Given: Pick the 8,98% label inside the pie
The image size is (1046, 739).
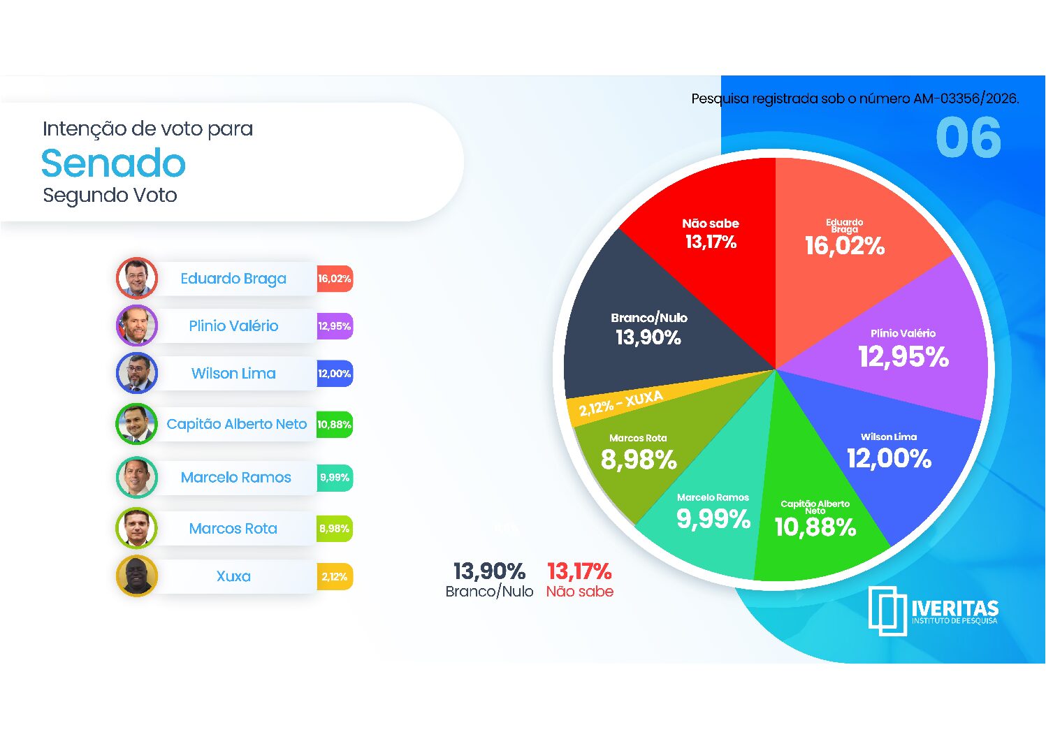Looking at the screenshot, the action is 639,460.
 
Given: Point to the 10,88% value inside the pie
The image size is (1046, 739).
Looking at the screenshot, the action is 815,527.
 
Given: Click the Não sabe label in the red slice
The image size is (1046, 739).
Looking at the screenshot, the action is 710,224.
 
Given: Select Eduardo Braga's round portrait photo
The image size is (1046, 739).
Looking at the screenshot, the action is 137,278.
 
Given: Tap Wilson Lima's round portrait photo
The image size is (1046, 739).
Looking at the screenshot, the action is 137,373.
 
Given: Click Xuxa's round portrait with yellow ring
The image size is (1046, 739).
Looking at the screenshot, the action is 137,576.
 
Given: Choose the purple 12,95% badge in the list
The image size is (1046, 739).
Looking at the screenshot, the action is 335,326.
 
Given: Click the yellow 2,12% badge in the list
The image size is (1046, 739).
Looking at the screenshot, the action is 335,576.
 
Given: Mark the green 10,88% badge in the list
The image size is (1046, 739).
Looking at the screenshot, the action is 335,425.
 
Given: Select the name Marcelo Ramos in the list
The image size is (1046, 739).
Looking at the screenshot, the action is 235,477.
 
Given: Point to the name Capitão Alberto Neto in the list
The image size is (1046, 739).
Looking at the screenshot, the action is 237,424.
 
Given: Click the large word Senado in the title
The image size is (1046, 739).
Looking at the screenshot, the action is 113,163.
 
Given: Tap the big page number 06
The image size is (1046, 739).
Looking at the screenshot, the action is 968,137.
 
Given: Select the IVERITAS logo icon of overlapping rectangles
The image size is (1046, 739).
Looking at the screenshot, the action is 887,611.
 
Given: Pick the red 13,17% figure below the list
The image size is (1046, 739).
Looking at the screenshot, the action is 579,571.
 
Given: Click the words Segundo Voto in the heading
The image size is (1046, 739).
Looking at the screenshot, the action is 110,196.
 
